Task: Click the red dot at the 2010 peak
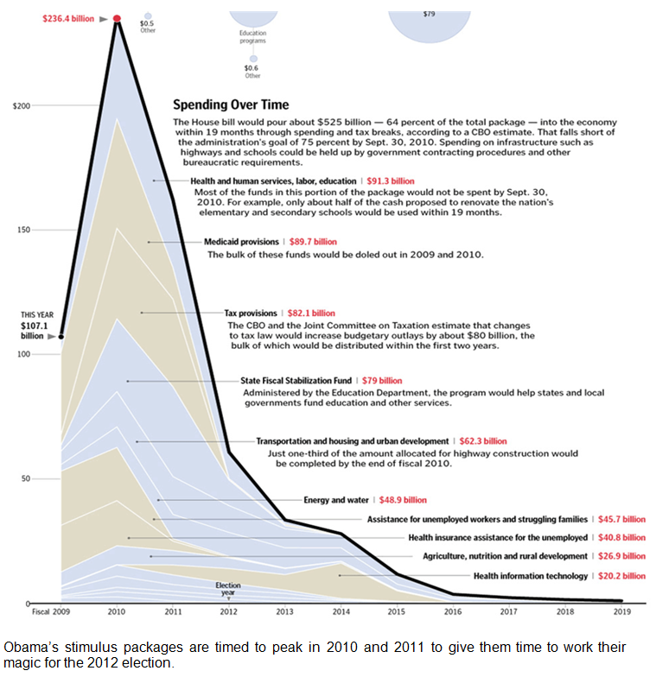(117, 18)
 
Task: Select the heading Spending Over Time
(232, 105)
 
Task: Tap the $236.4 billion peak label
(68, 18)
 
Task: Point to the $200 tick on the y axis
(22, 105)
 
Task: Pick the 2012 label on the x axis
(228, 611)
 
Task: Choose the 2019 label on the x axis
(621, 611)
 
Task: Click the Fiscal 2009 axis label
(50, 611)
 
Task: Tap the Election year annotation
(228, 588)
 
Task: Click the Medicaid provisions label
(241, 242)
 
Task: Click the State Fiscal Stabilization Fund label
(296, 380)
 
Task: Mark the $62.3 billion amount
(483, 441)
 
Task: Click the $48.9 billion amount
(403, 500)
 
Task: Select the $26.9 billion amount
(621, 556)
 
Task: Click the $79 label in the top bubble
(430, 14)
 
